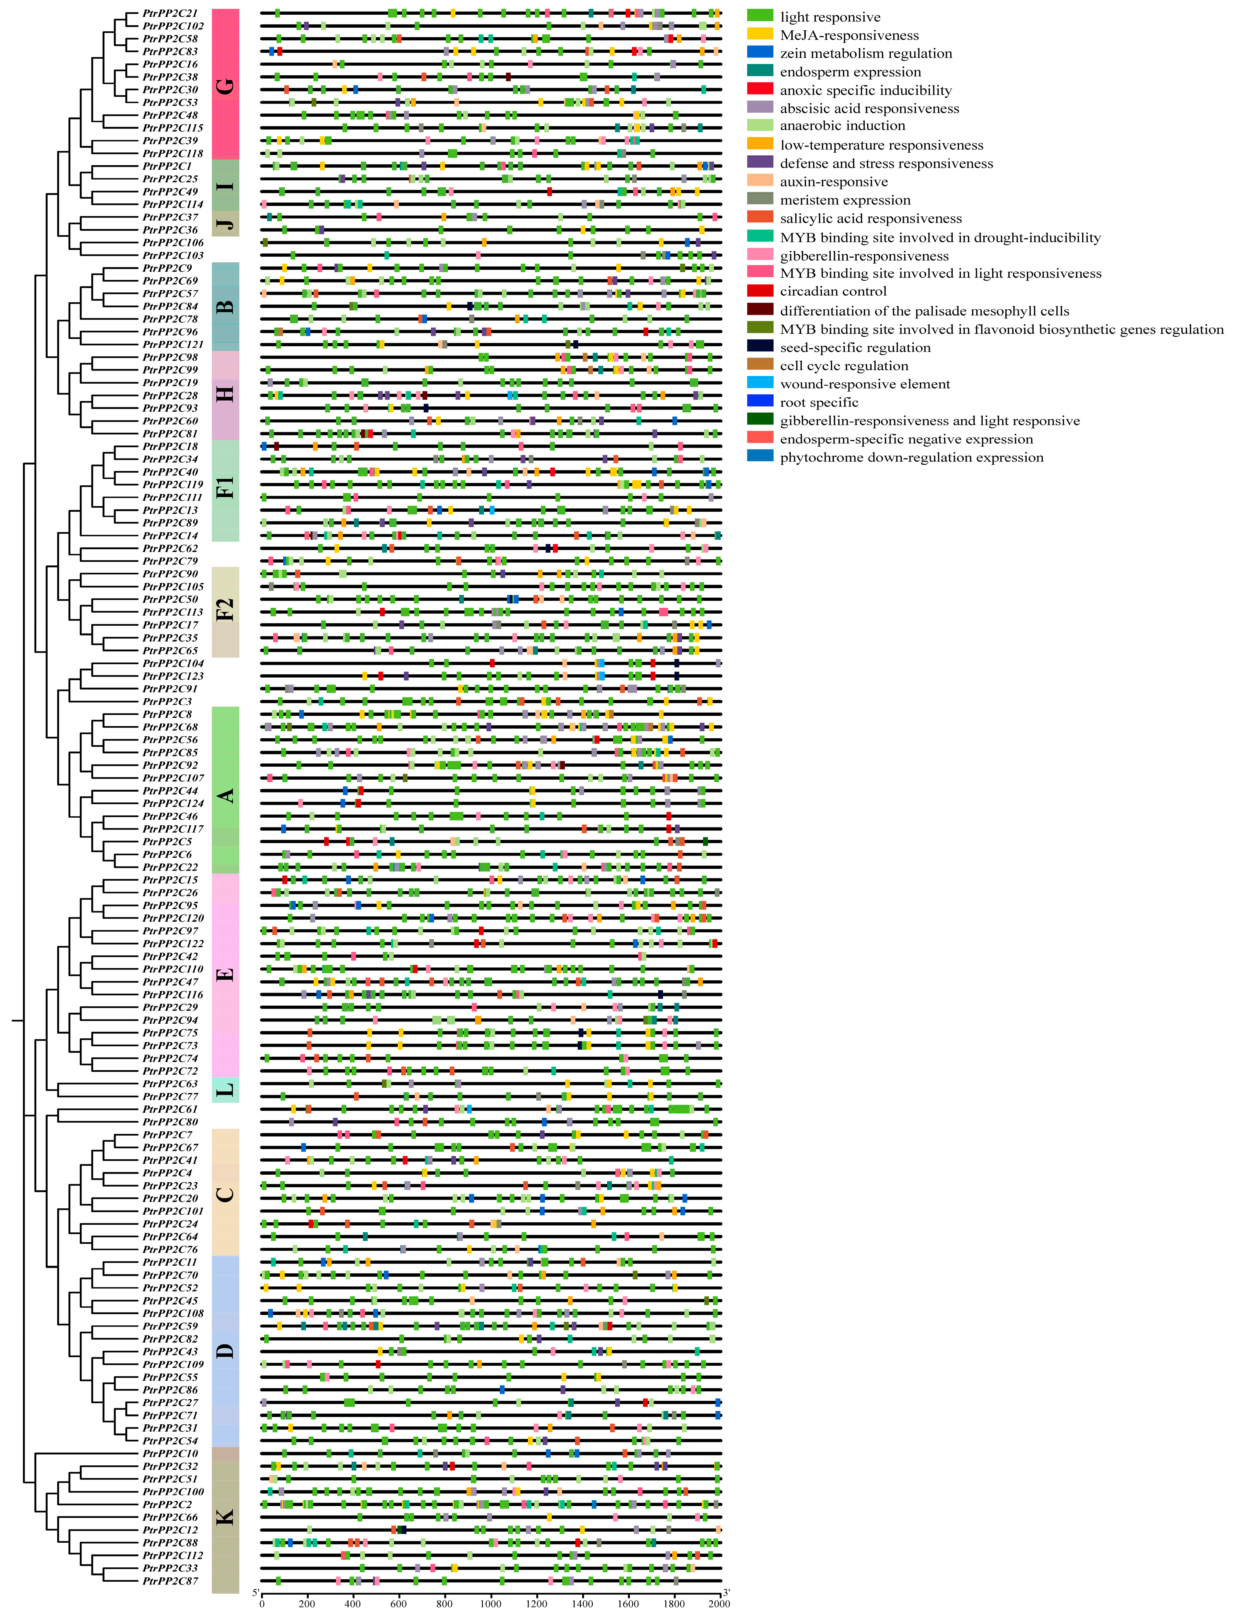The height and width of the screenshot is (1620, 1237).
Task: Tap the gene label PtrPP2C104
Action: coord(173,664)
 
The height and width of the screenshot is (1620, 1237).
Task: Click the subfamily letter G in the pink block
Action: coord(225,86)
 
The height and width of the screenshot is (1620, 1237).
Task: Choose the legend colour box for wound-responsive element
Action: coord(760,383)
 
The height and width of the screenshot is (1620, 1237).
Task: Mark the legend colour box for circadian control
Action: coord(760,291)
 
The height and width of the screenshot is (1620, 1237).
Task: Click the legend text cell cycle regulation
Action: coord(844,365)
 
